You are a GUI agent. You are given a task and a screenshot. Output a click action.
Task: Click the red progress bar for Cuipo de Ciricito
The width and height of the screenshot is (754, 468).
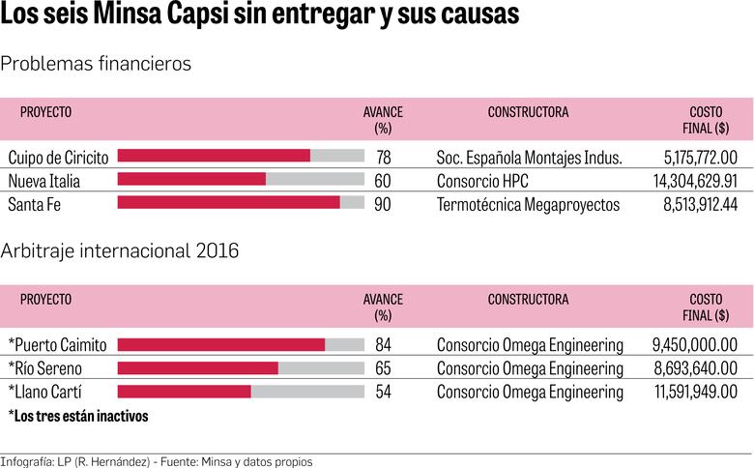[x=214, y=156]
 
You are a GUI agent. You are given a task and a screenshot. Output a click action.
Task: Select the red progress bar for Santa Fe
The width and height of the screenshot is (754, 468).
[x=228, y=202]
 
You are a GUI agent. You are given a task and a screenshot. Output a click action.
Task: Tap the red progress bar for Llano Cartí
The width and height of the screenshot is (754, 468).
[x=184, y=392]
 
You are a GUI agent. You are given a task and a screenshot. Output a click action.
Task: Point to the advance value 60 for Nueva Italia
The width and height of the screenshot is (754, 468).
[x=383, y=180]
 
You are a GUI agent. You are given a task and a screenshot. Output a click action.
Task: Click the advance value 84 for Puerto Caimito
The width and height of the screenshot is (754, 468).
[x=383, y=344]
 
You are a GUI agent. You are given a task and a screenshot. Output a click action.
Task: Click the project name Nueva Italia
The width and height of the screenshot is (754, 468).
[x=43, y=181]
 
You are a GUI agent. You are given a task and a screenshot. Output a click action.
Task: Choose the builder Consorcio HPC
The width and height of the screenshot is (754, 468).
[x=482, y=181]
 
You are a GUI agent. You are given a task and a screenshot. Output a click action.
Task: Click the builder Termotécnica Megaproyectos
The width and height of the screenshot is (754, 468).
[x=528, y=204]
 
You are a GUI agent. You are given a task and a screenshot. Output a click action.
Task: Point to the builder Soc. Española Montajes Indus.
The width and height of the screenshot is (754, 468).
[x=529, y=157]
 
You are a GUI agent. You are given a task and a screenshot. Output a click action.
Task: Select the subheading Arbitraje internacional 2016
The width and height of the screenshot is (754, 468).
[x=120, y=251]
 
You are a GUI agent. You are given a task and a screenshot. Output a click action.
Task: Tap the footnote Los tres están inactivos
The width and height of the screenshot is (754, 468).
[x=78, y=416]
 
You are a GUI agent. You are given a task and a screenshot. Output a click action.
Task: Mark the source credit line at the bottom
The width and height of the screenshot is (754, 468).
[x=157, y=460]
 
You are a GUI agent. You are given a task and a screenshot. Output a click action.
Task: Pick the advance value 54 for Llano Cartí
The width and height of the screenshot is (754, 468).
[x=383, y=392]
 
